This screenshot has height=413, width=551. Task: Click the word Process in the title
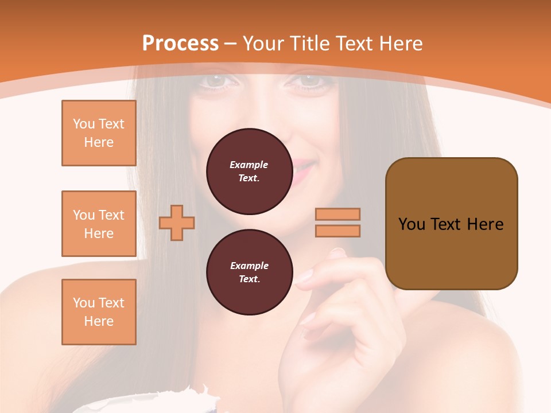(x=180, y=44)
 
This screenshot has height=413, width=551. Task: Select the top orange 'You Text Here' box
(x=99, y=133)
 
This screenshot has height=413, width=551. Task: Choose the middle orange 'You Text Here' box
(x=99, y=224)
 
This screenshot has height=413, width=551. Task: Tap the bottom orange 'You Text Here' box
(x=99, y=312)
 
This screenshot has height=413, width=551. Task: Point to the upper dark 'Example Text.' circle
(x=249, y=172)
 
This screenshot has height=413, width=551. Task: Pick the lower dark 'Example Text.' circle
(x=249, y=272)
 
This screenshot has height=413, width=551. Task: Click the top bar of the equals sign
(x=338, y=214)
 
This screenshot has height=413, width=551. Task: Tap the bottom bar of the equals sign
(x=338, y=231)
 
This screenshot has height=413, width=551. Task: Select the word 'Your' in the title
(x=263, y=44)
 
